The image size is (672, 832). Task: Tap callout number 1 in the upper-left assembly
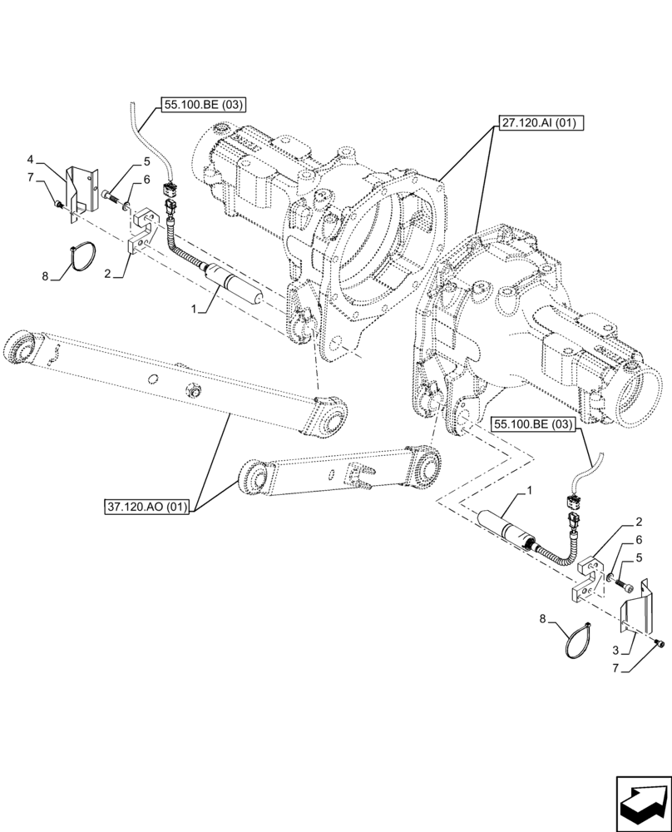[x=193, y=310]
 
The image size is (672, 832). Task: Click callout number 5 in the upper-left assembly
[x=146, y=161]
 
